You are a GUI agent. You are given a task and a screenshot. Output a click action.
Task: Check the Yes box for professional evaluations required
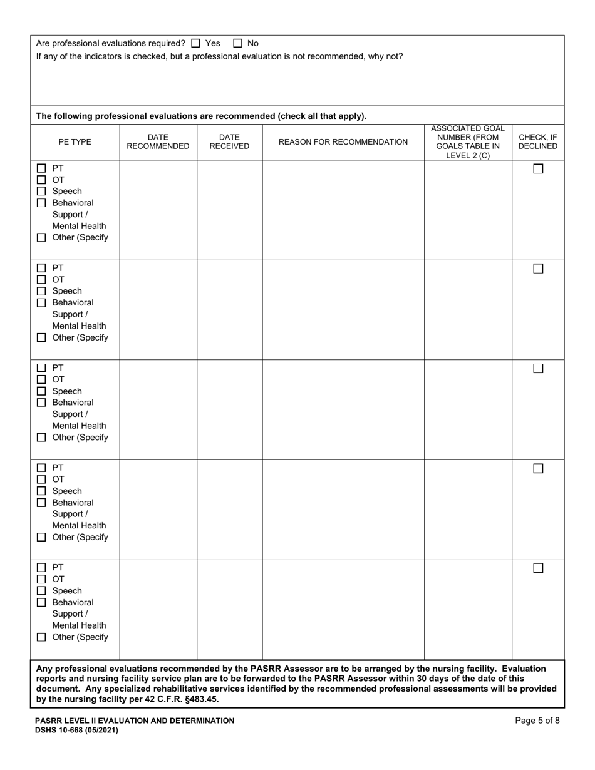tap(195, 44)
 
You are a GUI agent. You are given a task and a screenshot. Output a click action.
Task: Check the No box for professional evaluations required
tap(238, 44)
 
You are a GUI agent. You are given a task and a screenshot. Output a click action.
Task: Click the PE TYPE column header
tap(75, 142)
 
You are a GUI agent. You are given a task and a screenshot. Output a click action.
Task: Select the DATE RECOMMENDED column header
tap(158, 142)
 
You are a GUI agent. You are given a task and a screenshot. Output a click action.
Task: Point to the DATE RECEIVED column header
tap(229, 142)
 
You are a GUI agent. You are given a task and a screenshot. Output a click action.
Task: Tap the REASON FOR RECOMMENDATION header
tap(343, 142)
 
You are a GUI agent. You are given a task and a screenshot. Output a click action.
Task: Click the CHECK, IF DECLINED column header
tap(538, 142)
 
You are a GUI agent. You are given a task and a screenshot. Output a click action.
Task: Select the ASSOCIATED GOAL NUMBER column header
tap(468, 142)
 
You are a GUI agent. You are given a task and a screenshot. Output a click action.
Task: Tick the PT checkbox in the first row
tap(41, 168)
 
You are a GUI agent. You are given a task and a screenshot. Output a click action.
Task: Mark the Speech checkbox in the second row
tap(41, 291)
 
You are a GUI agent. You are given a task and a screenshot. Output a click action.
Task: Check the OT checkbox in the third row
tap(41, 379)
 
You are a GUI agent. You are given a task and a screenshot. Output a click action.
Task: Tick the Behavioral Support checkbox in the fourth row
tap(41, 503)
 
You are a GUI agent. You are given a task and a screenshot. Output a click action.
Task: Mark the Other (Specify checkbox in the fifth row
tap(41, 637)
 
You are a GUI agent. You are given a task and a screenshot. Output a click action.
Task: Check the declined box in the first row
tap(538, 169)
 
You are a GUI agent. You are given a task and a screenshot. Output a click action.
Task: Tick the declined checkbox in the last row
tap(538, 568)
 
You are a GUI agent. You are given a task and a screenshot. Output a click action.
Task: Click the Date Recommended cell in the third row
tap(158, 409)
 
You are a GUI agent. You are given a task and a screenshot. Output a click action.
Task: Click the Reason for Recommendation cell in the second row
tap(343, 309)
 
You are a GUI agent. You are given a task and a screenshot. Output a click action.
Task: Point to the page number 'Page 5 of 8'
tap(537, 721)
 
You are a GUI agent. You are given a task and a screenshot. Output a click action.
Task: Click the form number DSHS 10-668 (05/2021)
tap(76, 730)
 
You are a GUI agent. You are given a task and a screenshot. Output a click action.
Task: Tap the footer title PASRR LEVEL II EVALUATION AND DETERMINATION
tap(135, 721)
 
